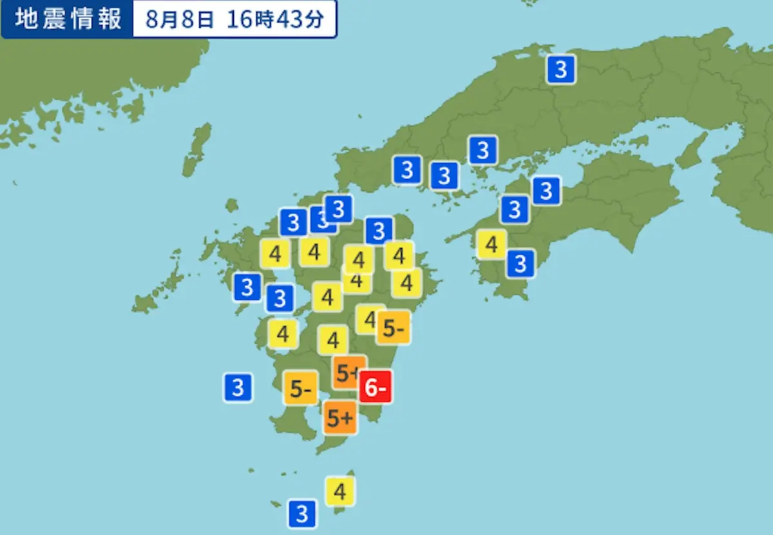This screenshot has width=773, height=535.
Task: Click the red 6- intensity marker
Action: tap(376, 387)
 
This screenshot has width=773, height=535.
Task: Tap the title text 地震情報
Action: tap(68, 19)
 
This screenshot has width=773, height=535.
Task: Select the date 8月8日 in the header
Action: tap(179, 19)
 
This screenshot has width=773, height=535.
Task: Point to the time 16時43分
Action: tap(274, 19)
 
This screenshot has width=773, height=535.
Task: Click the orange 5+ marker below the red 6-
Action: tap(340, 418)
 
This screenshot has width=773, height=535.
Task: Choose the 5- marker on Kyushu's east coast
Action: tap(394, 328)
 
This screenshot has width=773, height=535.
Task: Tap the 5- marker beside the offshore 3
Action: tap(301, 388)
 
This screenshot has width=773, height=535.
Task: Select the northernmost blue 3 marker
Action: tap(561, 69)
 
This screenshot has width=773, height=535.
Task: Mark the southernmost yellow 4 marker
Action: tap(340, 492)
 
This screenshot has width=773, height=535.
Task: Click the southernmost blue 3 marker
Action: tap(301, 514)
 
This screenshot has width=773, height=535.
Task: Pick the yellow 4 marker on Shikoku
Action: tap(491, 244)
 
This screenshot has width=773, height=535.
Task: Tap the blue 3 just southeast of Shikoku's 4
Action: tap(520, 263)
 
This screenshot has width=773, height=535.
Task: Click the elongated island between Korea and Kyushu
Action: tap(196, 150)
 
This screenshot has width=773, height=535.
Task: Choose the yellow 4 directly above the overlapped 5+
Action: tap(333, 340)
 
